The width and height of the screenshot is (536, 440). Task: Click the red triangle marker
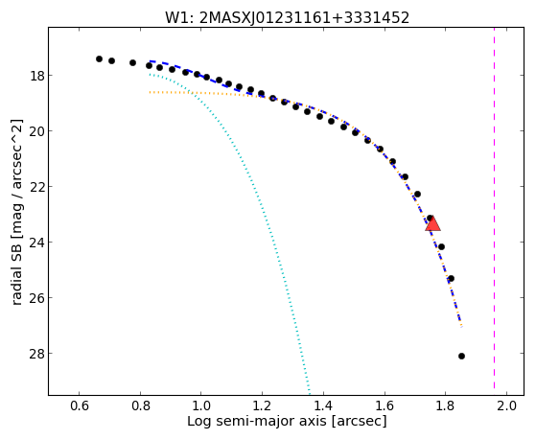point(432,224)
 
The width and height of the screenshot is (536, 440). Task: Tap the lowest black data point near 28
point(461,356)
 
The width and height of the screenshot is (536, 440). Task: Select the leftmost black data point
point(99,58)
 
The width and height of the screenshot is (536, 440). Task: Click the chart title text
point(287,18)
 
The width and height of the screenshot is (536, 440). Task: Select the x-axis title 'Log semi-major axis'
point(257,421)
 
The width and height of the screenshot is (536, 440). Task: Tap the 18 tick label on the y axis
point(36,76)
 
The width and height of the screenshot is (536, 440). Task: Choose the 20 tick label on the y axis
point(36,131)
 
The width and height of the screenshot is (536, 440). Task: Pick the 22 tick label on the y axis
point(36,187)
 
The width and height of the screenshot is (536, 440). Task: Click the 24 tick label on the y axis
point(36,243)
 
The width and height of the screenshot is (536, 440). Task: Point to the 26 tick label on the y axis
point(36,298)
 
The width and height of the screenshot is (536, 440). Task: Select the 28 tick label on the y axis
point(36,354)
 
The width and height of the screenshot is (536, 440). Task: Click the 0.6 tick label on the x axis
point(80,405)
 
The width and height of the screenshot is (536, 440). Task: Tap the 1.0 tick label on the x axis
point(201,405)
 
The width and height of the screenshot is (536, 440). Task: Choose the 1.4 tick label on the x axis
point(323,405)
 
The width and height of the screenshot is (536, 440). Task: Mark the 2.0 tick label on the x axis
point(506,405)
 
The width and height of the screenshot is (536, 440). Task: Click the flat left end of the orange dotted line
point(150,92)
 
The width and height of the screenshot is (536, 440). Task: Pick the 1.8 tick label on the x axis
point(446,405)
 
